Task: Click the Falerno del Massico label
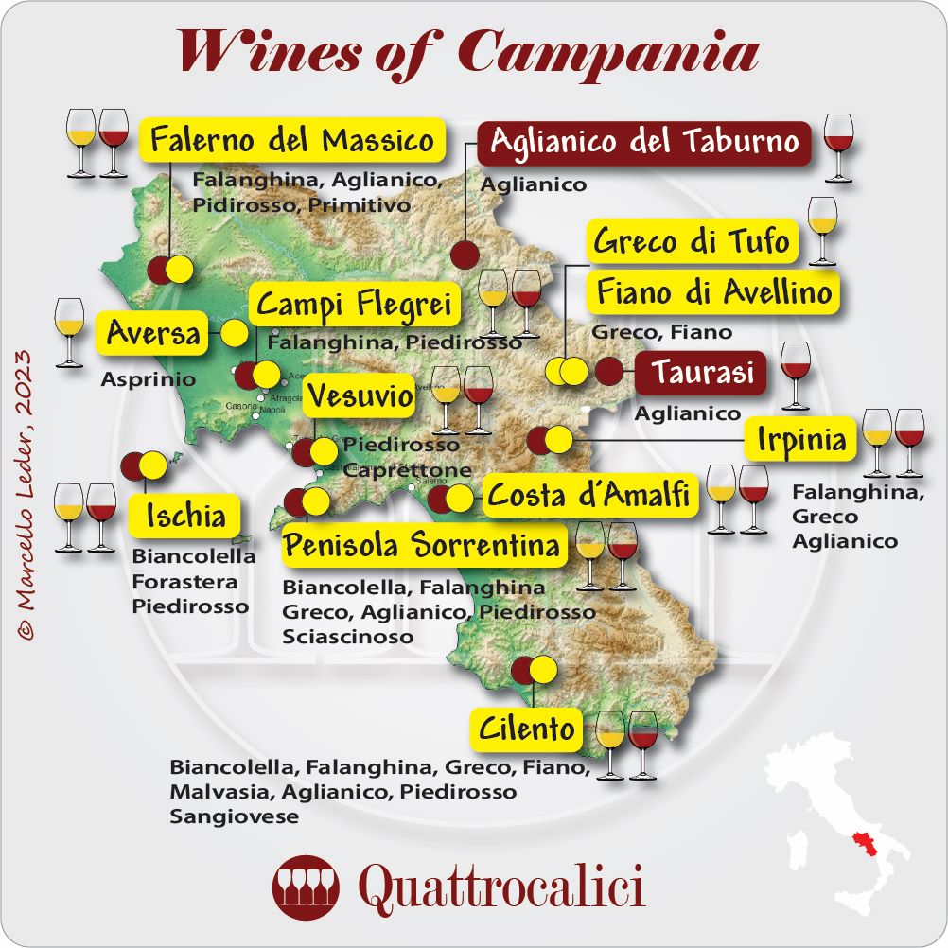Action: coord(292,141)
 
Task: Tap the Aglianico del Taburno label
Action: coord(644,142)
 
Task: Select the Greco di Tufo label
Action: coord(692,241)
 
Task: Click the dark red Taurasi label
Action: coord(700,372)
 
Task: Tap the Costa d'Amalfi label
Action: coord(588,495)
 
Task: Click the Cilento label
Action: coord(527,729)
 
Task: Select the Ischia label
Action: coord(185,516)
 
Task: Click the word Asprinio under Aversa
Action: coord(148,380)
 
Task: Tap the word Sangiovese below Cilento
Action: coord(234,816)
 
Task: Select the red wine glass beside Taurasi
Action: coord(796,372)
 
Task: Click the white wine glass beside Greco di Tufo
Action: coord(822,229)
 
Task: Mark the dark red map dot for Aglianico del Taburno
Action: coord(464,255)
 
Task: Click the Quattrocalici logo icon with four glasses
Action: coord(307,888)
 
